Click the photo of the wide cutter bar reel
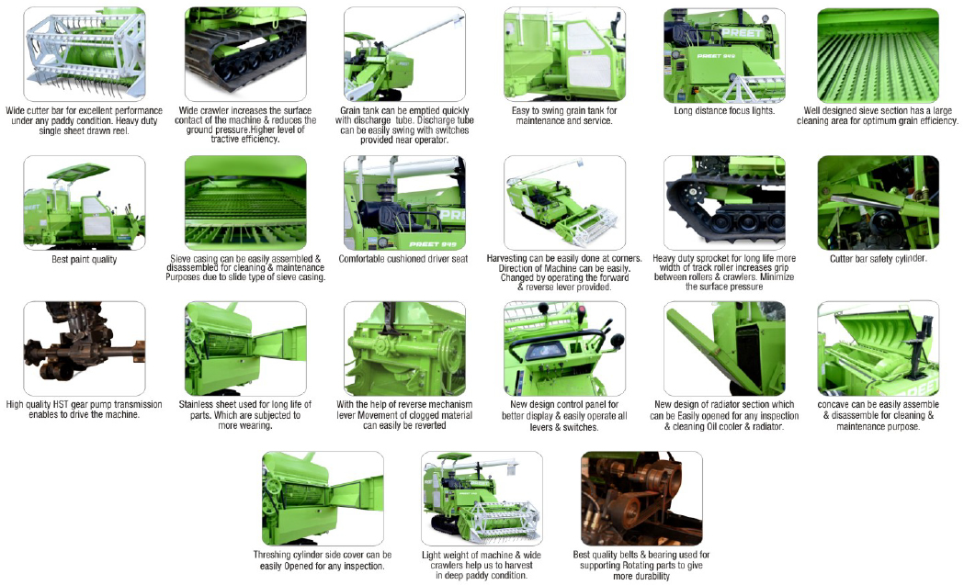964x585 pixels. [85, 54]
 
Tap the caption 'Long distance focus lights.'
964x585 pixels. [724, 110]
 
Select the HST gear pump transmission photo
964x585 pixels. [85, 348]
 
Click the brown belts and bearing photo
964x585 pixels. [641, 499]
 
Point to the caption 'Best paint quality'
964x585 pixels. [85, 259]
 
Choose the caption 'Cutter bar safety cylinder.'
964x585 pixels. [878, 259]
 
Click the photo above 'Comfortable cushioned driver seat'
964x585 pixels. [404, 203]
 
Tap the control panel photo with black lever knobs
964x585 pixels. [564, 348]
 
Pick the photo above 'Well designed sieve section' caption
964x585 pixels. [878, 55]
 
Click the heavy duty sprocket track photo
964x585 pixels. [724, 203]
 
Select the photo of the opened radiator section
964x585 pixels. [724, 348]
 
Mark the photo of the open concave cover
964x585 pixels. [878, 348]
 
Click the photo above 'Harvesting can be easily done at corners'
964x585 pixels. [564, 203]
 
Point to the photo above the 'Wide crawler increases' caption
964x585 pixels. [245, 54]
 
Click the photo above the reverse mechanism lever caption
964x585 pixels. [404, 348]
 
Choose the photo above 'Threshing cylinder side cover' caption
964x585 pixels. [323, 499]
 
